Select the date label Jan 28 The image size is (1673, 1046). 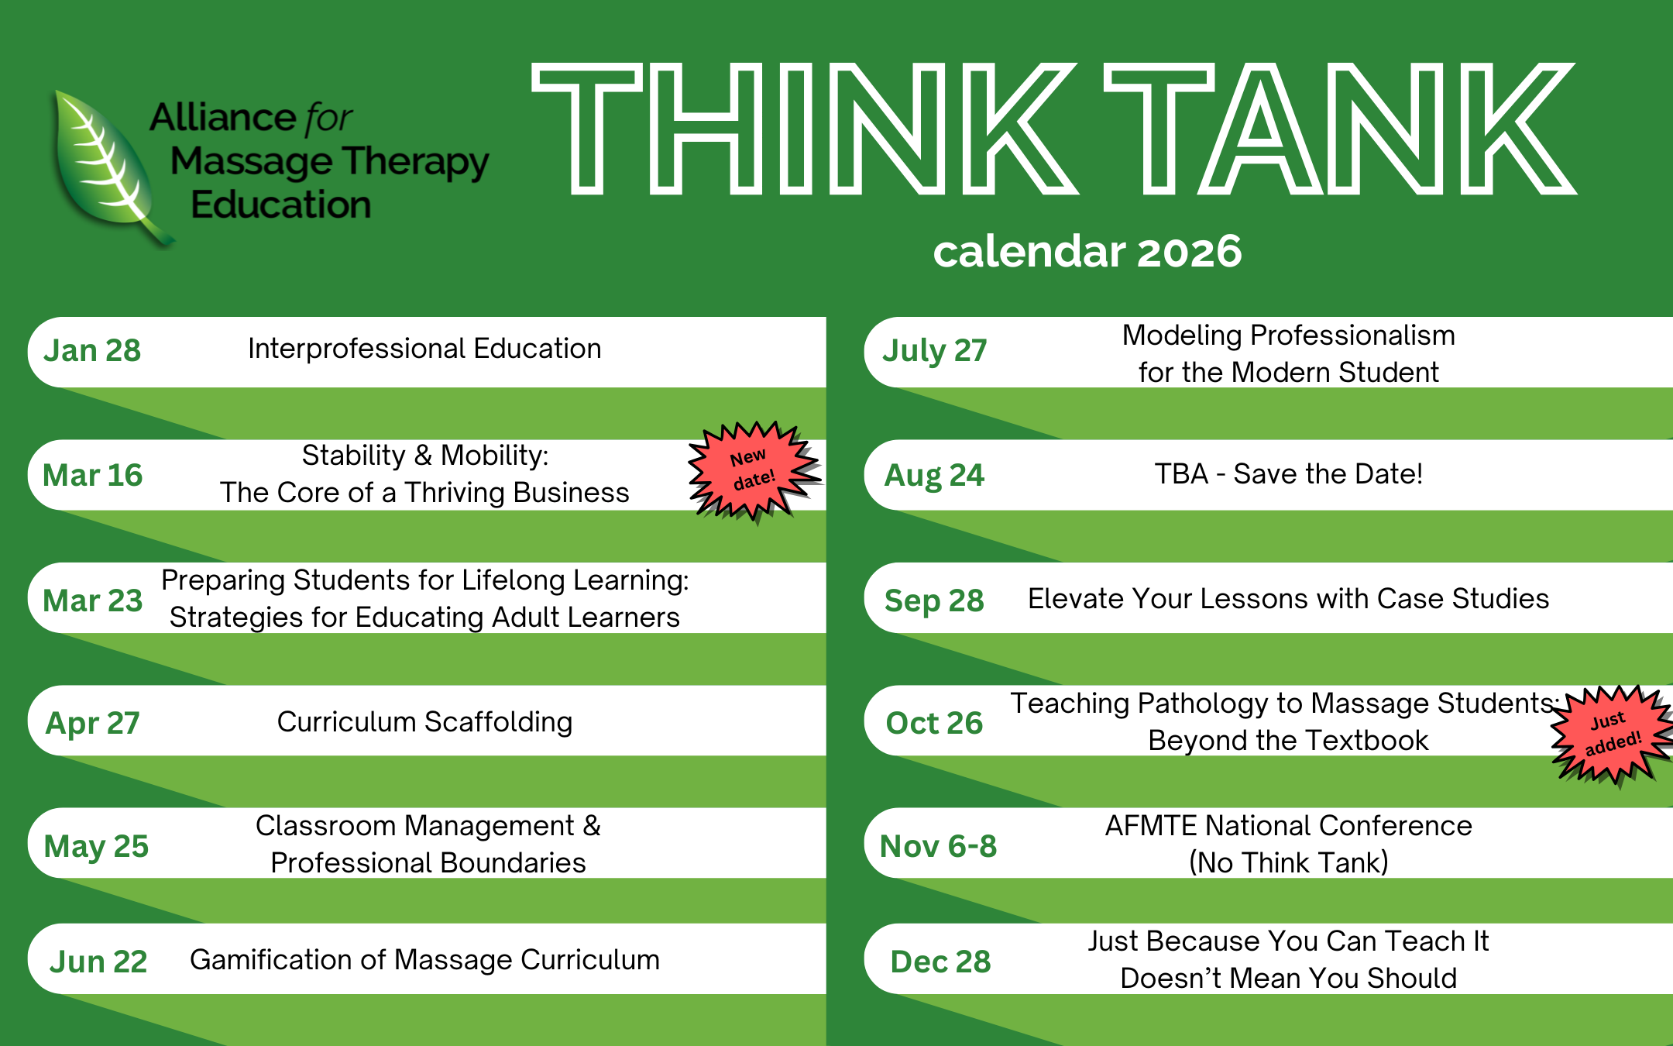pyautogui.click(x=92, y=350)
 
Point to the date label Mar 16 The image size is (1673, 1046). pyautogui.click(x=92, y=475)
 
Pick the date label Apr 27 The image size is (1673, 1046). pyautogui.click(x=92, y=723)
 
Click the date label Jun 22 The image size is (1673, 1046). pyautogui.click(x=98, y=962)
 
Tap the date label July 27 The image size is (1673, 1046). pyautogui.click(x=935, y=351)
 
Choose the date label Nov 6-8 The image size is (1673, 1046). pyautogui.click(x=938, y=846)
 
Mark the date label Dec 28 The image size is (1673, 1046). pyautogui.click(x=940, y=962)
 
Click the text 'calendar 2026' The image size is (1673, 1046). pyautogui.click(x=1087, y=251)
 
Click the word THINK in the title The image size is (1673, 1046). pyautogui.click(x=804, y=128)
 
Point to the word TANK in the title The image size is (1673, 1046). pyautogui.click(x=1340, y=128)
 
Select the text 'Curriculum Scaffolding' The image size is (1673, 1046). pyautogui.click(x=424, y=721)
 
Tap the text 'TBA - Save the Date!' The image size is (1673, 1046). pyautogui.click(x=1288, y=473)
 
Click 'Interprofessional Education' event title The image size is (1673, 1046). pyautogui.click(x=424, y=349)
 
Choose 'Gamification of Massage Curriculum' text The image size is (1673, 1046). pyautogui.click(x=424, y=959)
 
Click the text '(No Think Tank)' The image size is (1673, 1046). pyautogui.click(x=1288, y=862)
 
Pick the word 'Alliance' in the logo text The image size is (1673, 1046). pyautogui.click(x=223, y=118)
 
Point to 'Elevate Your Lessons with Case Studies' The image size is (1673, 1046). pyautogui.click(x=1288, y=599)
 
